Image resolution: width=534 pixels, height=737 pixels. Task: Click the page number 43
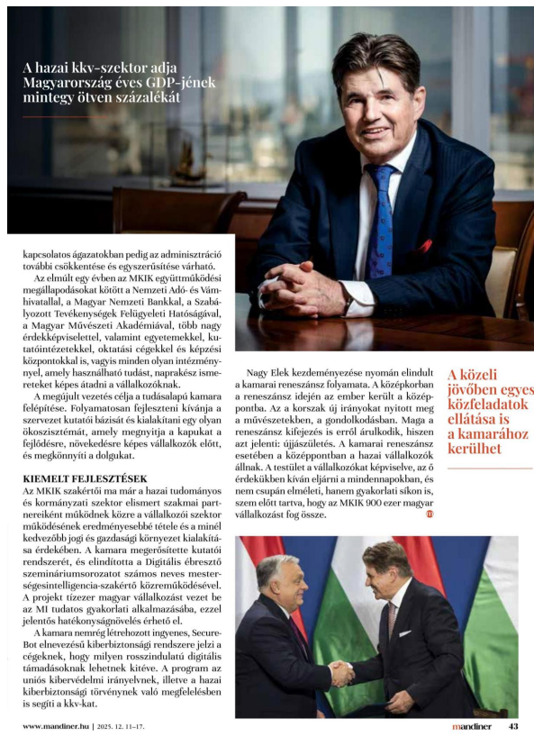coord(513,726)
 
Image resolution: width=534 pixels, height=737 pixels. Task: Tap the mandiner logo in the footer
coord(472,726)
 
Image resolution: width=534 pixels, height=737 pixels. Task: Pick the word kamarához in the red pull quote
coord(483,433)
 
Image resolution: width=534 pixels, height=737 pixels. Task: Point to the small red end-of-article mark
coord(430,514)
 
